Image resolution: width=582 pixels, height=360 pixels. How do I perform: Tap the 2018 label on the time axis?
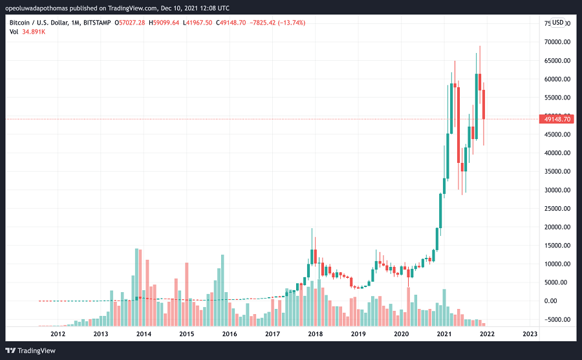pos(316,334)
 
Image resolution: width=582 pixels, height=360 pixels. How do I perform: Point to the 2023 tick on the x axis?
pos(530,334)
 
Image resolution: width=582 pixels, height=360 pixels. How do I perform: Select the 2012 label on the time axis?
pos(58,334)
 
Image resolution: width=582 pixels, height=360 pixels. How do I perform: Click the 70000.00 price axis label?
pos(557,42)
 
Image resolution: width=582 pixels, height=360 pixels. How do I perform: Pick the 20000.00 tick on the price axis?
pos(557,227)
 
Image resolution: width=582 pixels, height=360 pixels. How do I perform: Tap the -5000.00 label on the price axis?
pos(557,319)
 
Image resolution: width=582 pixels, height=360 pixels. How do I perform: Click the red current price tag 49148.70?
pos(557,119)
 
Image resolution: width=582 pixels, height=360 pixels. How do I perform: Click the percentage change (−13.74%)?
pos(292,23)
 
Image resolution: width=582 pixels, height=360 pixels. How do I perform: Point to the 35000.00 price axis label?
pos(557,171)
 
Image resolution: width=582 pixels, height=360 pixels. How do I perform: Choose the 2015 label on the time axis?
pos(186,334)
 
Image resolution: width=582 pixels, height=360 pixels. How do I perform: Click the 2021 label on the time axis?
pos(444,334)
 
